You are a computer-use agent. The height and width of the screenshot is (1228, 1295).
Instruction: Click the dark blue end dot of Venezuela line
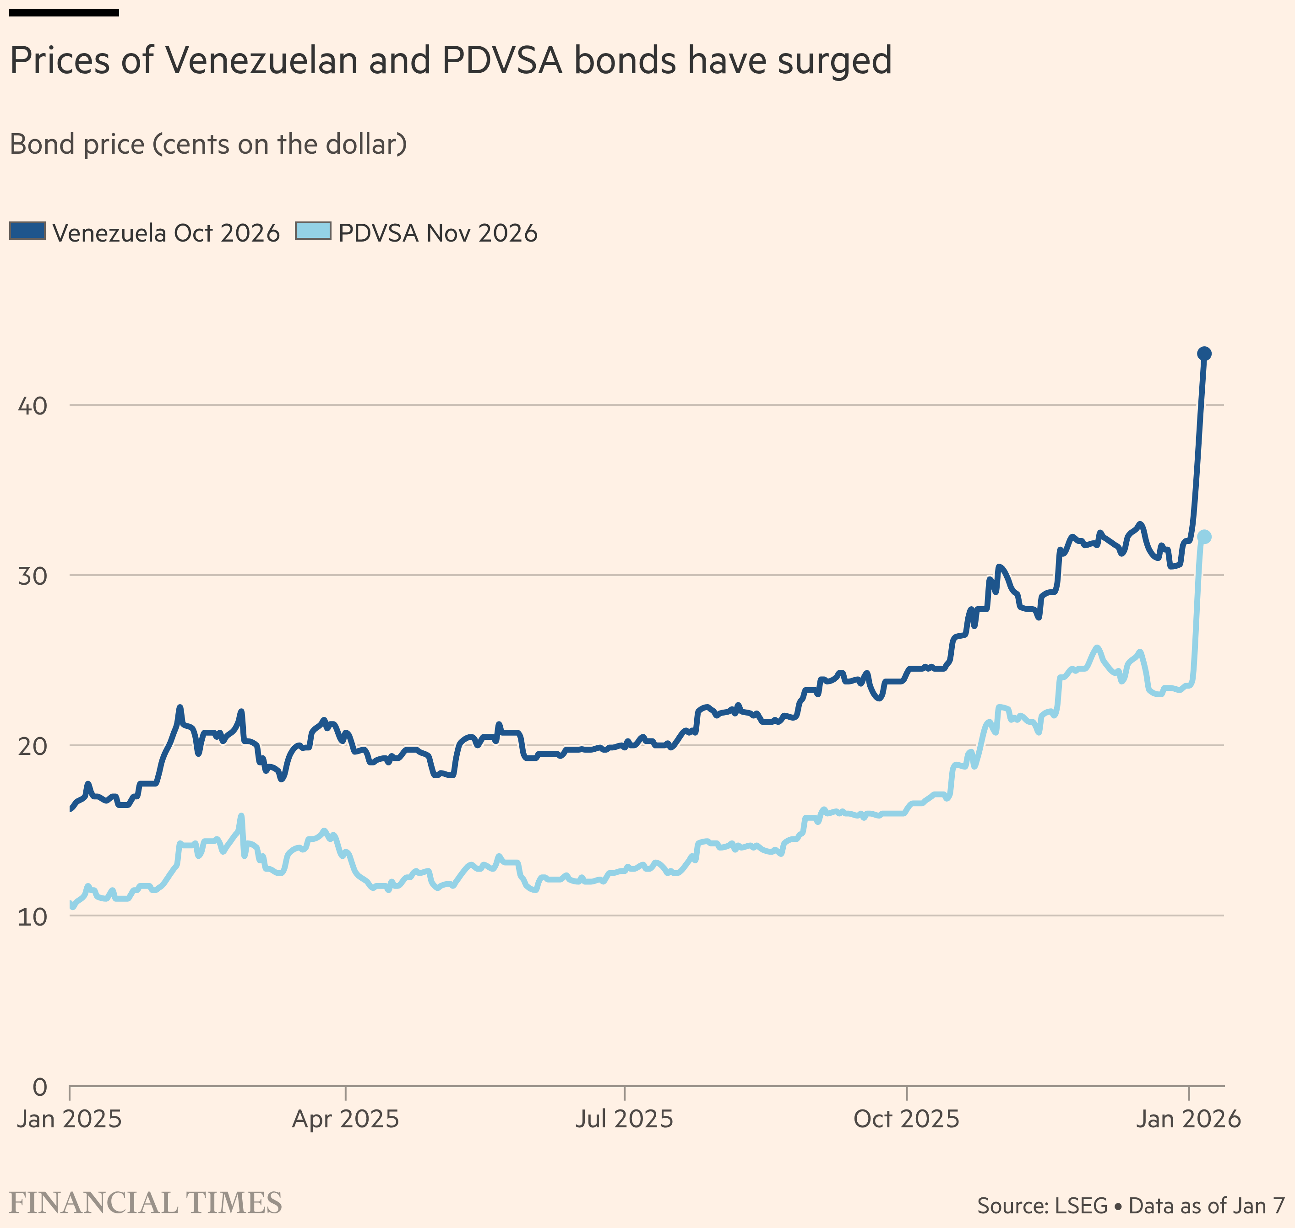[x=1204, y=354]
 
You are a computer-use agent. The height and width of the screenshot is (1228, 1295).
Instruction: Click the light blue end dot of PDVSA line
[x=1204, y=537]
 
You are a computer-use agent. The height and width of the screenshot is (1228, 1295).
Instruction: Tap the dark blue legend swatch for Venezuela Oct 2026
[x=27, y=231]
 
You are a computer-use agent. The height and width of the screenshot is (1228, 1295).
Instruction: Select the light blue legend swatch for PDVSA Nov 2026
[x=313, y=231]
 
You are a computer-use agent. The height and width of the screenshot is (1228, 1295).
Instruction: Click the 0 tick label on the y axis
[x=40, y=1087]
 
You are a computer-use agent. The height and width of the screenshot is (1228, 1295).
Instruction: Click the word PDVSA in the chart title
[x=502, y=61]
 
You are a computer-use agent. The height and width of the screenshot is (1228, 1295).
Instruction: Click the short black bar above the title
[x=64, y=12]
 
